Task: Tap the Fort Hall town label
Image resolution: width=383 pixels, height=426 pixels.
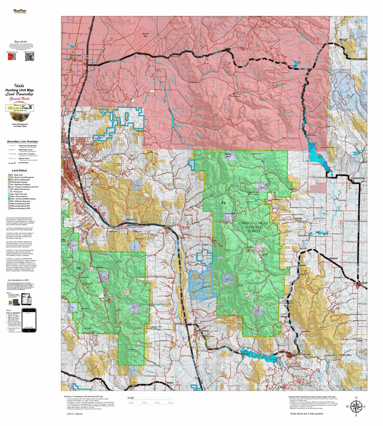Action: point(76,55)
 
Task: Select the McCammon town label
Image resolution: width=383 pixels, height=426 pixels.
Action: point(203,331)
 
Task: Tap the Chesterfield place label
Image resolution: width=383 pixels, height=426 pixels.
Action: point(358,178)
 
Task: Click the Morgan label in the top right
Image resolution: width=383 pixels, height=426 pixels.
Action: point(343,40)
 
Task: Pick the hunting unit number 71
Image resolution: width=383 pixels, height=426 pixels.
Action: point(223,203)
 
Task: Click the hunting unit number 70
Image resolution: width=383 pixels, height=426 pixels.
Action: point(78,269)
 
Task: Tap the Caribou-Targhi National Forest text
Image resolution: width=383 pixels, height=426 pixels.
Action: point(253,227)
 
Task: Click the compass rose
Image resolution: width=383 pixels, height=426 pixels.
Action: point(356,406)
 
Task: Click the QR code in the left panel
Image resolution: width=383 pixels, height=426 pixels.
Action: point(30,57)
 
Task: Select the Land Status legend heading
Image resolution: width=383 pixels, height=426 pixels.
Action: point(19,170)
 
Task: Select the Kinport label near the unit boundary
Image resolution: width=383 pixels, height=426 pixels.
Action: point(333,258)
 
